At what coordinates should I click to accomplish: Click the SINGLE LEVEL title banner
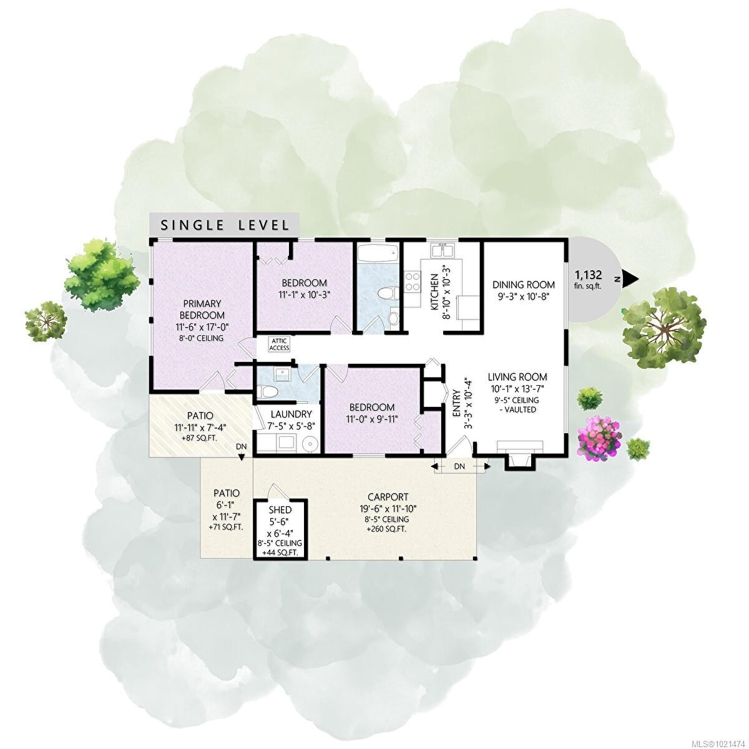point(225,225)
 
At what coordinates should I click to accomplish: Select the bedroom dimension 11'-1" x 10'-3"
point(304,294)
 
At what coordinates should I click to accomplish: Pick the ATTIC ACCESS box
point(280,345)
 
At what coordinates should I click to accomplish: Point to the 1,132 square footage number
point(588,274)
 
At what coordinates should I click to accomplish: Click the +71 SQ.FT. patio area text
point(226,527)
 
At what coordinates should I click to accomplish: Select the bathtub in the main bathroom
point(377,254)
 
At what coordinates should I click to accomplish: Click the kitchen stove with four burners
point(413,281)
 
